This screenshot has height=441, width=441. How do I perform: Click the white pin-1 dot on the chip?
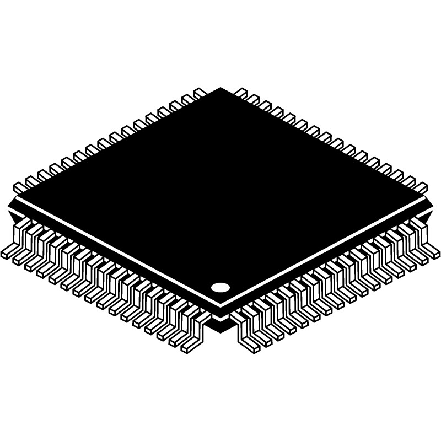coord(220,287)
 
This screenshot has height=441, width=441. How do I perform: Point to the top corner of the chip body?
coord(220,89)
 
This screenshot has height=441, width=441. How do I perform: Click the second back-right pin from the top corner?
coord(254,100)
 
